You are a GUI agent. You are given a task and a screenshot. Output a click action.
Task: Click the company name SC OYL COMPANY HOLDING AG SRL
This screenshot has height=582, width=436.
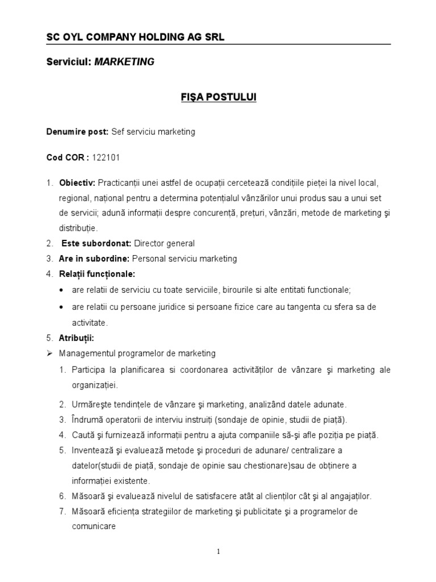tap(135, 38)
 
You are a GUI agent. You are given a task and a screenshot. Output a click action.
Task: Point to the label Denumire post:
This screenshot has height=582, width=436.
tap(77, 131)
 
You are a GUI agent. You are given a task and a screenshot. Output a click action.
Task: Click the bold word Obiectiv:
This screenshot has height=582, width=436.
tap(77, 184)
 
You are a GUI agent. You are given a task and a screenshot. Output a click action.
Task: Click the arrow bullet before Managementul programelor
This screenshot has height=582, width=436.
tap(49, 354)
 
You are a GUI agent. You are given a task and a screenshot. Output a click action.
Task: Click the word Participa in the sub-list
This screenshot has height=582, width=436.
tap(89, 370)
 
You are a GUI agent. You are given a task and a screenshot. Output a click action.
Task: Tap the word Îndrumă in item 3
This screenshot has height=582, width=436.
tap(88, 420)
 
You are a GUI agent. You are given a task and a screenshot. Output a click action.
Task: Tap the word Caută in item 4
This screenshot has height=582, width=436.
tap(83, 435)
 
